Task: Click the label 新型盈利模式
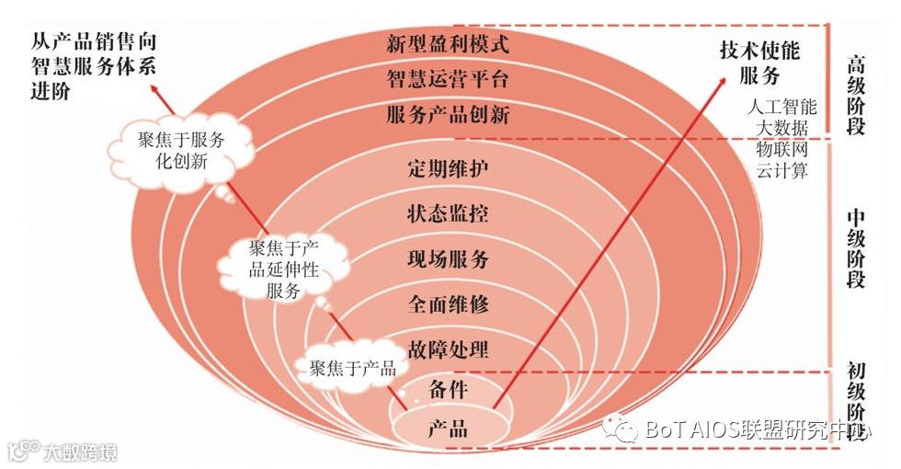pos(448,42)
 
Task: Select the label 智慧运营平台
pos(448,79)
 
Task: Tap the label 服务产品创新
pos(448,116)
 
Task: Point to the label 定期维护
pos(448,169)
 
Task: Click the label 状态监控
pos(448,214)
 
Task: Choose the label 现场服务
pos(448,259)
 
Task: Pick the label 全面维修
pos(448,303)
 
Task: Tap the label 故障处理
pos(448,349)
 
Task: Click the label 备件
pos(448,390)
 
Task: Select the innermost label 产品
pos(448,429)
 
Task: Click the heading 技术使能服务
pos(759,63)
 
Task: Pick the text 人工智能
pos(781,107)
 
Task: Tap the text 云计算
pos(781,170)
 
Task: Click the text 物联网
pos(781,149)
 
